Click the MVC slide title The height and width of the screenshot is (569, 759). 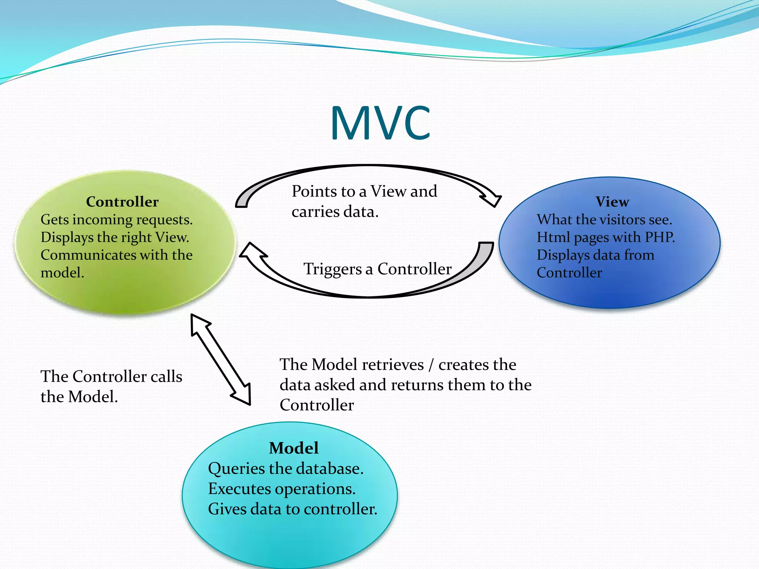380,123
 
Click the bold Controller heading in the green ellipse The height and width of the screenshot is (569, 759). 122,202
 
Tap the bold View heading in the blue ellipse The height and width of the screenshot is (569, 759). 612,202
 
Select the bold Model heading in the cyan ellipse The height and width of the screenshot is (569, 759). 294,448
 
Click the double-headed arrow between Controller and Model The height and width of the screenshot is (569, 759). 221,359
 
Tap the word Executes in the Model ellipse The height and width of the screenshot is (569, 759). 239,489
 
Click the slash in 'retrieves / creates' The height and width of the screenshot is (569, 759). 431,365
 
